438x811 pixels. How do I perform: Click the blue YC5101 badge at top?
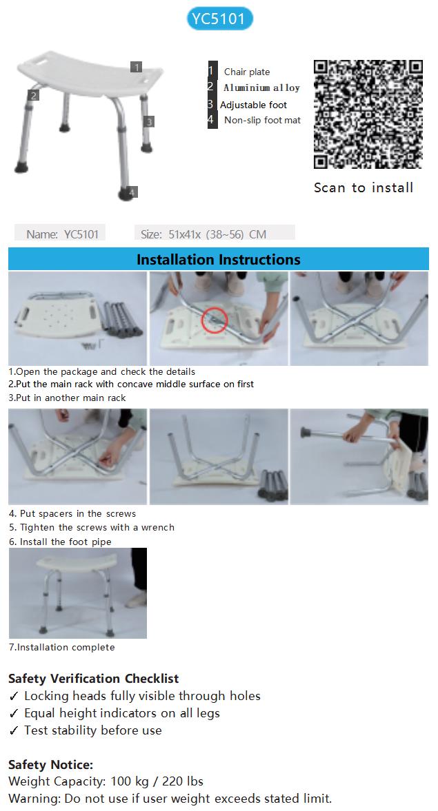pos(219,19)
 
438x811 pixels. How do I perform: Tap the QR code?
pos(368,114)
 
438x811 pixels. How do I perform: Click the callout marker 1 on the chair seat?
pos(136,68)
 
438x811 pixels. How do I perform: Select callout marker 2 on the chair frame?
pos(34,95)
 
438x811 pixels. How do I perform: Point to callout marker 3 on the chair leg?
pos(149,121)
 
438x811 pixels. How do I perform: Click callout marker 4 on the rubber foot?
pos(132,192)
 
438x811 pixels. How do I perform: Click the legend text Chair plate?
pos(247,72)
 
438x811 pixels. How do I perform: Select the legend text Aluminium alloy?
pos(261,88)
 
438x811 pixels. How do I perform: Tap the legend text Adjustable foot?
pos(253,105)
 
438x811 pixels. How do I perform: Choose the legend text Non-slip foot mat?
pos(263,120)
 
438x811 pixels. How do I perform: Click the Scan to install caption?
pos(364,187)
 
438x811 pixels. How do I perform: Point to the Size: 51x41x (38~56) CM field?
pos(215,234)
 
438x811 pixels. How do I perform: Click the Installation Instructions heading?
pos(219,259)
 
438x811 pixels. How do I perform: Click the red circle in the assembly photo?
pos(215,320)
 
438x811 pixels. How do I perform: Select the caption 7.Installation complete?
pos(61,647)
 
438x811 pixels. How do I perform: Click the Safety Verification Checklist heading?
pos(94,679)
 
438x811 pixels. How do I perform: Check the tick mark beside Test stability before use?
pos(14,730)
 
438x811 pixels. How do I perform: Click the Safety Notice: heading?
pos(51,764)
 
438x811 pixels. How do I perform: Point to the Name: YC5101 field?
pos(60,234)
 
